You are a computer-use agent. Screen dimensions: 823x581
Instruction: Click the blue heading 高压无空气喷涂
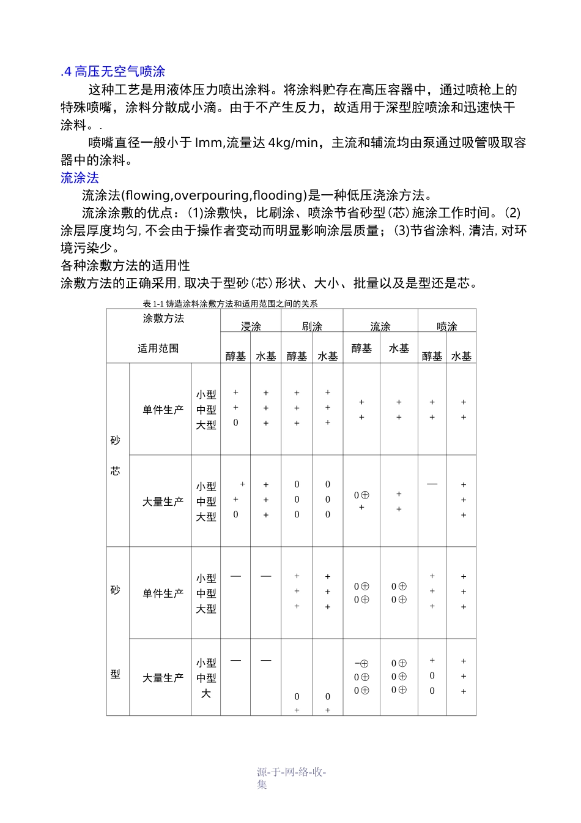pyautogui.click(x=119, y=72)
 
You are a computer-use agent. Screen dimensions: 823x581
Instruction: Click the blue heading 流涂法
pyautogui.click(x=80, y=178)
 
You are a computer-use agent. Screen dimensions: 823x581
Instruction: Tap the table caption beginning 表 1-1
pyautogui.click(x=230, y=304)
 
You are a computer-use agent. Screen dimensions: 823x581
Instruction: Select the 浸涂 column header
pyautogui.click(x=251, y=326)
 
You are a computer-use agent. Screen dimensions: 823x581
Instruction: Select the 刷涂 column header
pyautogui.click(x=312, y=326)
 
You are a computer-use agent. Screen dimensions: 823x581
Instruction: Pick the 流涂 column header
pyautogui.click(x=380, y=326)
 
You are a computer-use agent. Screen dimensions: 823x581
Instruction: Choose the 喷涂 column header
pyautogui.click(x=447, y=326)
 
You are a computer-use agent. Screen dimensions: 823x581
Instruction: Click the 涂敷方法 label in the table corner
pyautogui.click(x=163, y=318)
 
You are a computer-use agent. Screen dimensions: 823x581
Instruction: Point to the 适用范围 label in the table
pyautogui.click(x=158, y=348)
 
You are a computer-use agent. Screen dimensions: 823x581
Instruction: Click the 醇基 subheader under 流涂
pyautogui.click(x=361, y=348)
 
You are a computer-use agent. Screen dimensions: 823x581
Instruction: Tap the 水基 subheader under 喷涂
pyautogui.click(x=461, y=356)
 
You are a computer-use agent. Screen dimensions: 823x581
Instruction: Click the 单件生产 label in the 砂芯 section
pyautogui.click(x=163, y=410)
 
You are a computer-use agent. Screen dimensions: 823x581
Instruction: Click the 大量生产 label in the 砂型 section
pyautogui.click(x=163, y=678)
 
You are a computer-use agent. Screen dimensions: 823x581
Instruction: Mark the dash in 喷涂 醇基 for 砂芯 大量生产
pyautogui.click(x=432, y=484)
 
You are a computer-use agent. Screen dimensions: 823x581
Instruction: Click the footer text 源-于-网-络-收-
pyautogui.click(x=291, y=772)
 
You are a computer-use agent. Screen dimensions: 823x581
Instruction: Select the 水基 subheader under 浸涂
pyautogui.click(x=266, y=356)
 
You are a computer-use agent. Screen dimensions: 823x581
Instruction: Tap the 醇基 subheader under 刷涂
pyautogui.click(x=297, y=356)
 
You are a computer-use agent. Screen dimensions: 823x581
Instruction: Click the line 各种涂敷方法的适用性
pyautogui.click(x=125, y=266)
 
